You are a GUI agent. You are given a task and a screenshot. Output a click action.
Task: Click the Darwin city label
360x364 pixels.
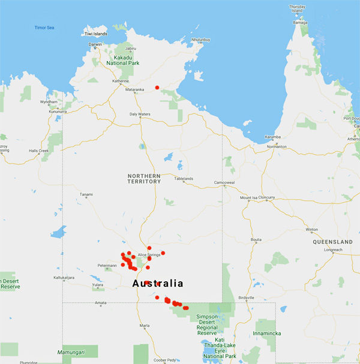[x=95, y=44]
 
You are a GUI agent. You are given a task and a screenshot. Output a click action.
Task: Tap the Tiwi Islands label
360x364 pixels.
[x=96, y=34]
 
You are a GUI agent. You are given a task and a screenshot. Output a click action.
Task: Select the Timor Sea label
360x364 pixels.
[x=44, y=27]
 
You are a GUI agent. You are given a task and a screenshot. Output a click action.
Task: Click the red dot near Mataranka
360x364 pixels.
[x=157, y=88]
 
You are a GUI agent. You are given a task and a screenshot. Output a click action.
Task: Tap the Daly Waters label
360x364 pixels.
[x=140, y=114]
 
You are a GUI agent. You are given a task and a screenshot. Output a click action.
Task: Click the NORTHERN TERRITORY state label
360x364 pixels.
[x=144, y=178]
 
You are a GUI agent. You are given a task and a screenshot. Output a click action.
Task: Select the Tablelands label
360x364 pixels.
[x=184, y=179]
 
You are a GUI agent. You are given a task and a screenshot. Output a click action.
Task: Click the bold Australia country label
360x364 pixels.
[x=157, y=283]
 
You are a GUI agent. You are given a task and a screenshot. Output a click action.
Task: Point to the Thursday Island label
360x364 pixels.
[x=298, y=8]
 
